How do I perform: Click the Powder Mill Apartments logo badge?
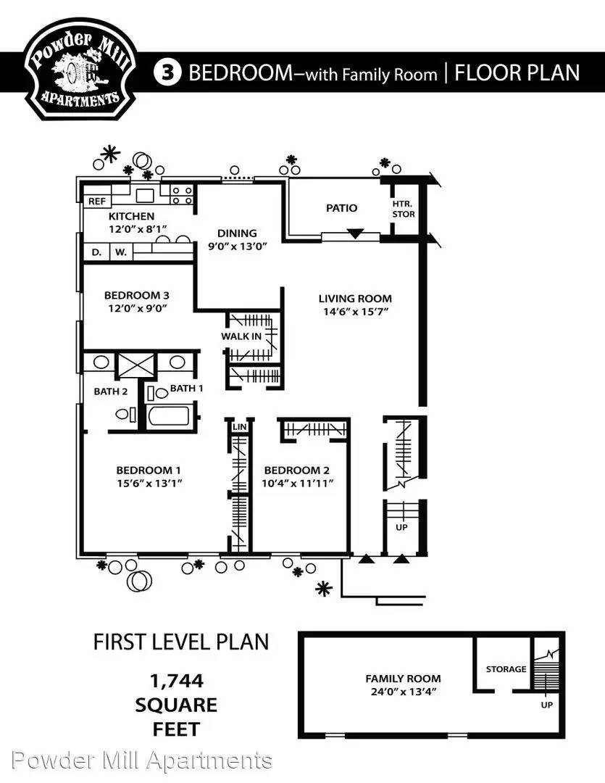coord(80,69)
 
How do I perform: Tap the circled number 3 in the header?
coord(167,73)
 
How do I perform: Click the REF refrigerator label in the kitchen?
coord(97,202)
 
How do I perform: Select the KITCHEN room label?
coord(131,216)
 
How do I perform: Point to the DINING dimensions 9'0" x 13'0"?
coord(238,246)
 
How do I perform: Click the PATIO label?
coord(341,208)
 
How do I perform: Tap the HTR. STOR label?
coord(404,210)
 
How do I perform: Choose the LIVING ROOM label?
coord(355,299)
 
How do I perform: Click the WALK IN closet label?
coord(241,336)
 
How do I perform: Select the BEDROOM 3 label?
coord(136,295)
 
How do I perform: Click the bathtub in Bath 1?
coord(168,416)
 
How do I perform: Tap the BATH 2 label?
coord(110,391)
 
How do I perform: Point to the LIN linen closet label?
coord(240,426)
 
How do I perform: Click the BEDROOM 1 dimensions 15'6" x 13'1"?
coord(149,484)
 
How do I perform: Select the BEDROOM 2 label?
coord(296,471)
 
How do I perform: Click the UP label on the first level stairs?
coord(401,527)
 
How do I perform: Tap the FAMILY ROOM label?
coord(403,679)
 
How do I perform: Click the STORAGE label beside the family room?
coord(506,669)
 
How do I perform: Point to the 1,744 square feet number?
coord(177,681)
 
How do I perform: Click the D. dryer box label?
coord(96,252)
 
